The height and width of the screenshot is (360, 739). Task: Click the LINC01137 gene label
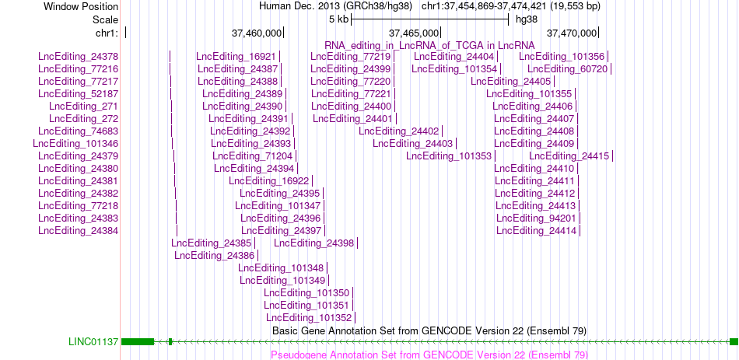[93, 341]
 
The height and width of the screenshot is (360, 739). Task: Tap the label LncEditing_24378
[79, 57]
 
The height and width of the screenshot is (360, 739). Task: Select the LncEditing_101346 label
[75, 143]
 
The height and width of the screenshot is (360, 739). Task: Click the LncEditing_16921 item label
[236, 57]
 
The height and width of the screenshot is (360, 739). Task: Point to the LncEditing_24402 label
[399, 131]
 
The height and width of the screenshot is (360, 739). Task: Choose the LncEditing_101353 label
[449, 156]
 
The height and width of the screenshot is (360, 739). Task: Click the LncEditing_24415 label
[569, 156]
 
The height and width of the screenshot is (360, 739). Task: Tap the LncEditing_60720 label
[567, 68]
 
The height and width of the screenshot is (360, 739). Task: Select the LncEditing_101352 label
[309, 317]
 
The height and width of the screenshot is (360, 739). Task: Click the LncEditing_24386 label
[215, 255]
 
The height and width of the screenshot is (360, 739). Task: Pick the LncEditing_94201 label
[536, 218]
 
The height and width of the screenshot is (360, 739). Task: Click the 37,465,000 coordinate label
[414, 33]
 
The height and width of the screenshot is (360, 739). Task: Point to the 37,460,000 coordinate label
[257, 33]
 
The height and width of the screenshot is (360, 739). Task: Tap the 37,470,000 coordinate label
[572, 33]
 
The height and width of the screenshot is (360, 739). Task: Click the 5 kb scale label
[339, 19]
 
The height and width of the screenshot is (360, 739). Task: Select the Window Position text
[81, 6]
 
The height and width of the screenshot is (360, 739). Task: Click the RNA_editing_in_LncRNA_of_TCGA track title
[429, 45]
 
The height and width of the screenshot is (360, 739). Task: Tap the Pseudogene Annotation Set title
[429, 355]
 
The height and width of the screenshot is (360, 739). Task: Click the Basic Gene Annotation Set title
[429, 330]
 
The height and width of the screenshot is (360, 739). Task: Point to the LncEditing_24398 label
[314, 243]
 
